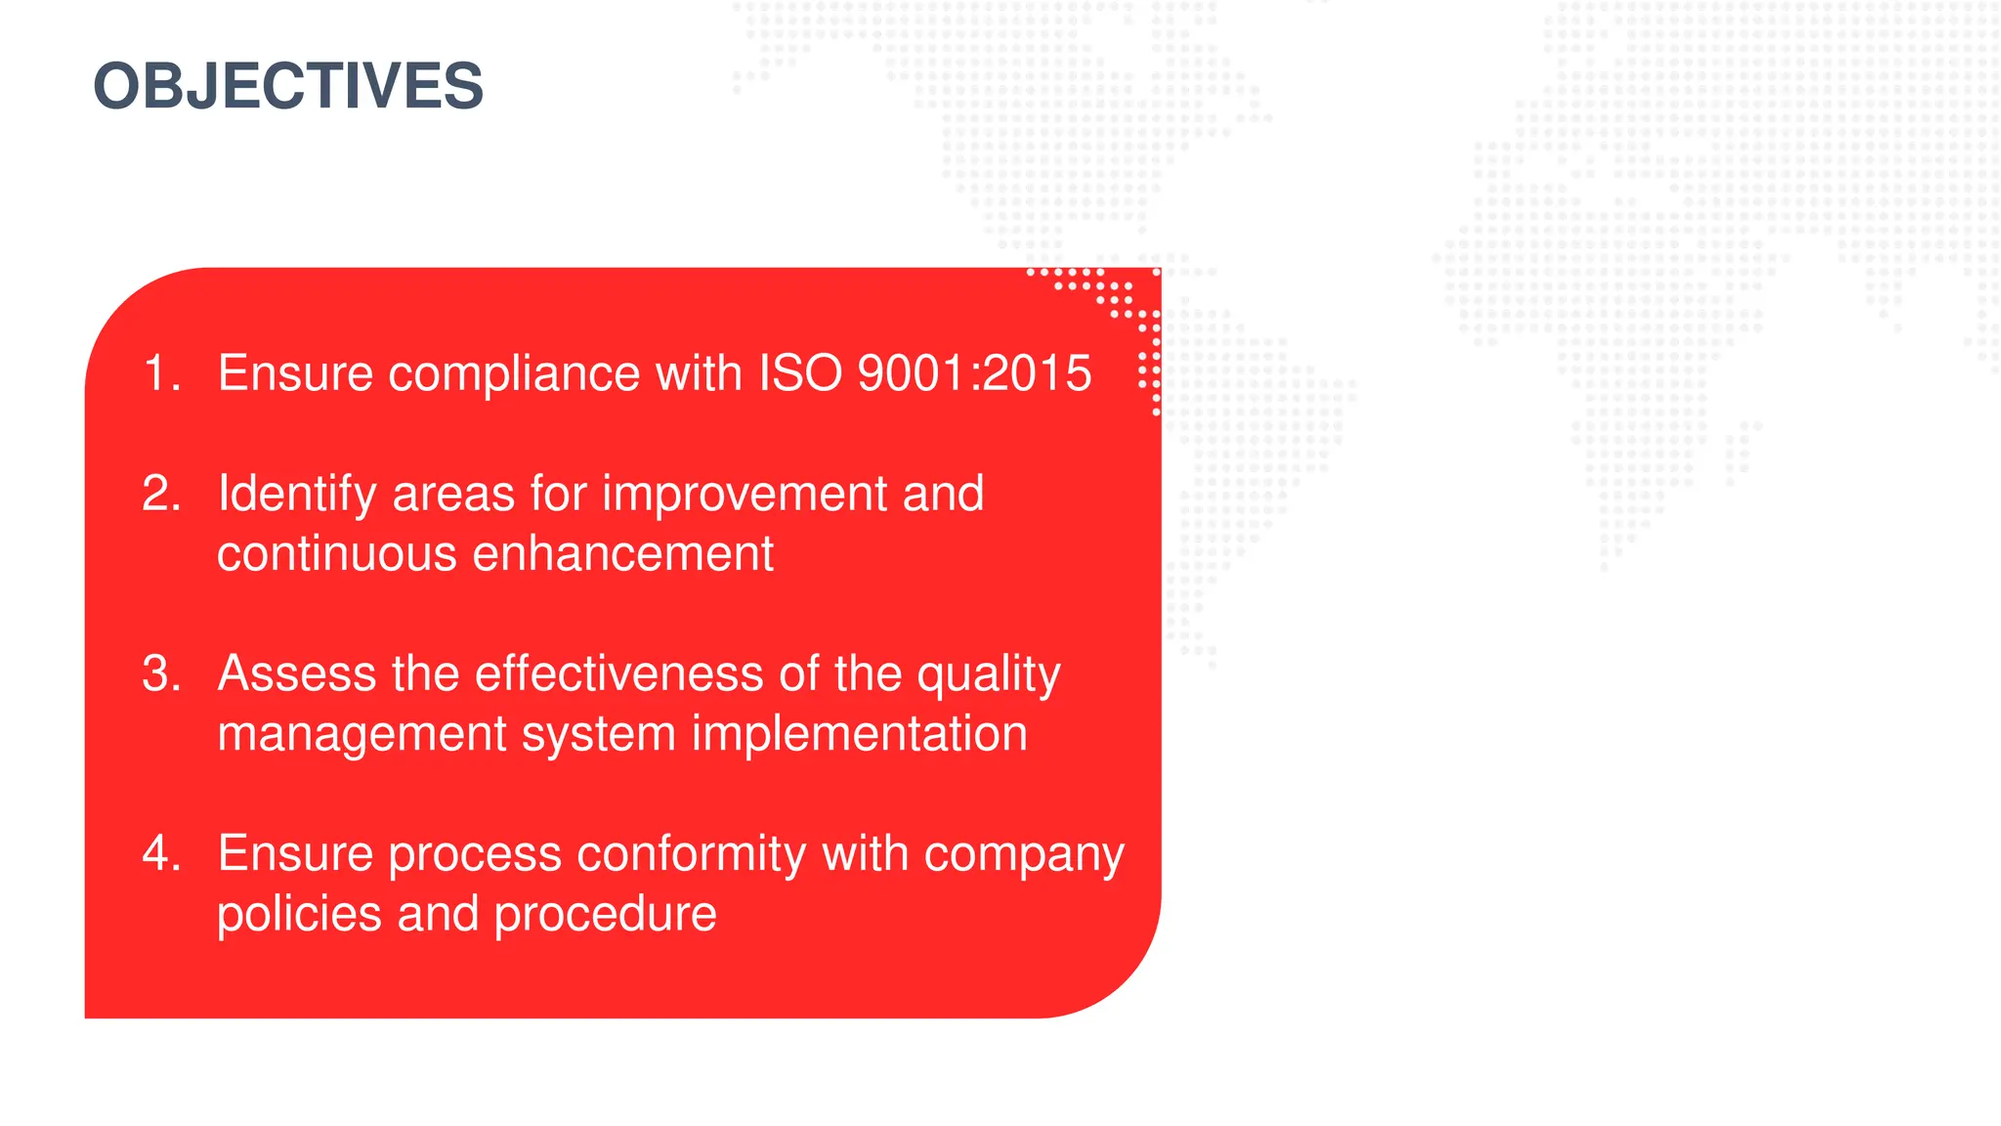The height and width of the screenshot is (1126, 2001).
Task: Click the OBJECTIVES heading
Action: tap(288, 86)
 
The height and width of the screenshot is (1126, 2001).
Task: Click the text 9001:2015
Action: tap(974, 373)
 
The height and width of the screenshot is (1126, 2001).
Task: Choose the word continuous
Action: tap(336, 554)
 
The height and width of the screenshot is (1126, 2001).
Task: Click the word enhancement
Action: tap(623, 554)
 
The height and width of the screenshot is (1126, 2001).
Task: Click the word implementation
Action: tap(860, 734)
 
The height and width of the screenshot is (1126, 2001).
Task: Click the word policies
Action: tap(298, 915)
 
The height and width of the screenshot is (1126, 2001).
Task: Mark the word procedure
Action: tap(605, 915)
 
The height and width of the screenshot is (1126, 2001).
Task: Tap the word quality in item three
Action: tap(988, 675)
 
